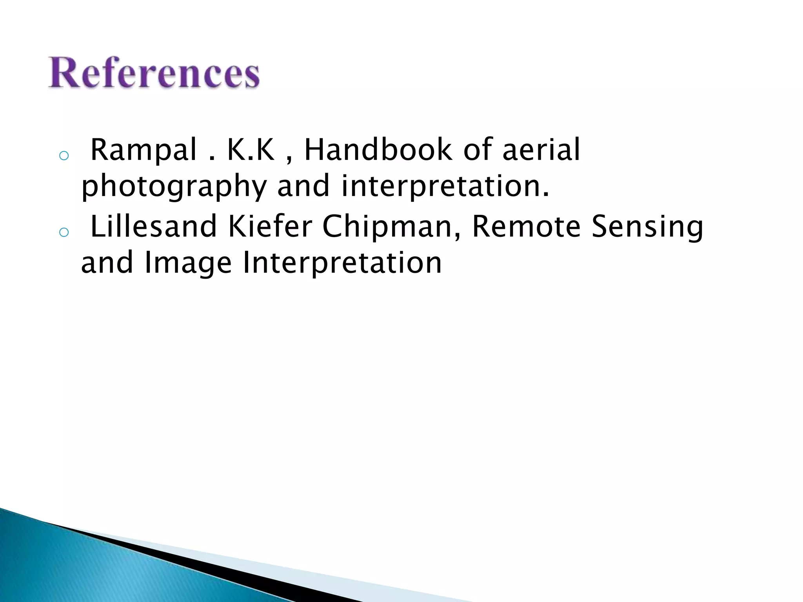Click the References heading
(154, 73)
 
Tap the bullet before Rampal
(64, 156)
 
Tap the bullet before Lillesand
(64, 232)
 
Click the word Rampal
(143, 150)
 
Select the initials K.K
(251, 150)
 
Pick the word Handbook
(378, 150)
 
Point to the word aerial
(541, 150)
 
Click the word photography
(174, 187)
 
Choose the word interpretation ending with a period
(445, 187)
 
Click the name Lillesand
(153, 226)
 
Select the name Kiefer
(270, 226)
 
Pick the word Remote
(526, 226)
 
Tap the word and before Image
(107, 263)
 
